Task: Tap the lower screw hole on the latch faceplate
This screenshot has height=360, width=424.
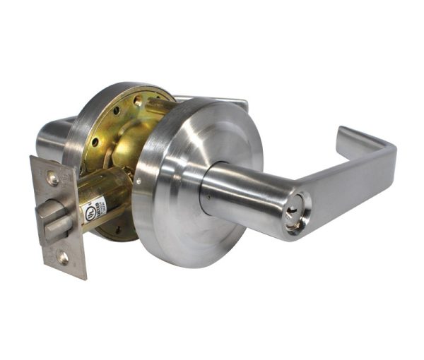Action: [x=63, y=256]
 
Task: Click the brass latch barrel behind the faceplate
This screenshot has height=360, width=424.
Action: [x=106, y=194]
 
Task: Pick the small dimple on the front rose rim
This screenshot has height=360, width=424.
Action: [x=139, y=181]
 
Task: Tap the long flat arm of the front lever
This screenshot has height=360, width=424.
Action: [x=346, y=187]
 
